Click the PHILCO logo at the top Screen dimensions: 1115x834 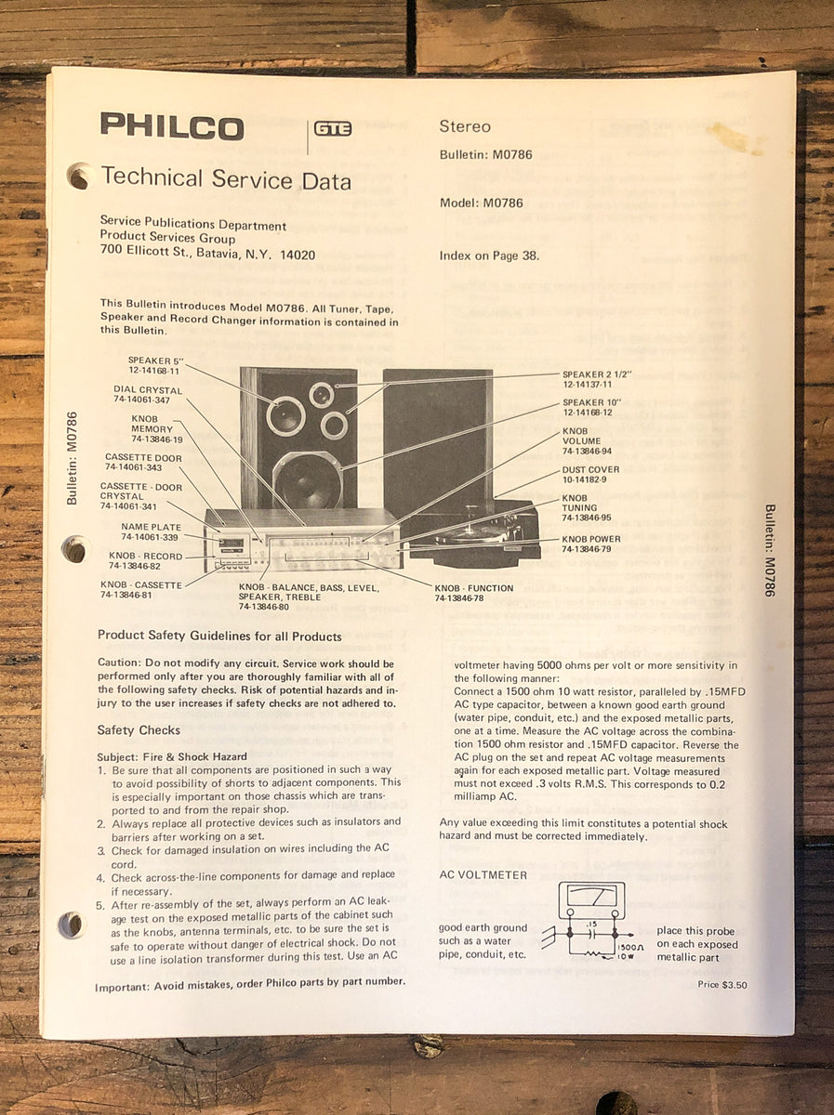(172, 126)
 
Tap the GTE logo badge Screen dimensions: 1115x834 (333, 129)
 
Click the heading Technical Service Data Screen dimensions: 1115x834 (226, 178)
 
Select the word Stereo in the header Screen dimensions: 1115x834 (464, 126)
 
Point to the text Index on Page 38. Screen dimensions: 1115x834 (488, 256)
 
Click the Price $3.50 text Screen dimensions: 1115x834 (721, 985)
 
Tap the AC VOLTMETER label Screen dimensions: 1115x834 (483, 874)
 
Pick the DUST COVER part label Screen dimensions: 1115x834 (590, 475)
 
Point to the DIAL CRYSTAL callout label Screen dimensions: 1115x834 (148, 394)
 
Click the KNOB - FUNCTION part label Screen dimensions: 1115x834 (473, 593)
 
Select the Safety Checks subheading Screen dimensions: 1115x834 (139, 730)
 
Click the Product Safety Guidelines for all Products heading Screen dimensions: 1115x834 (219, 636)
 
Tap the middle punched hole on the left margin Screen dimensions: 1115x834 (74, 549)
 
